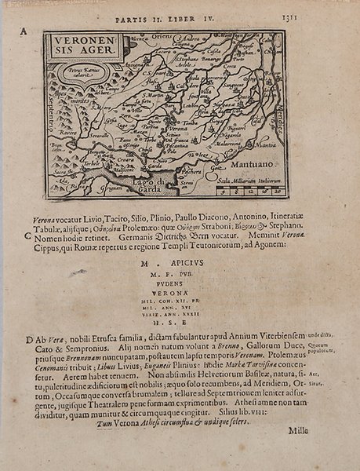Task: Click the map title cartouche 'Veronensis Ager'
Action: coord(79,49)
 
